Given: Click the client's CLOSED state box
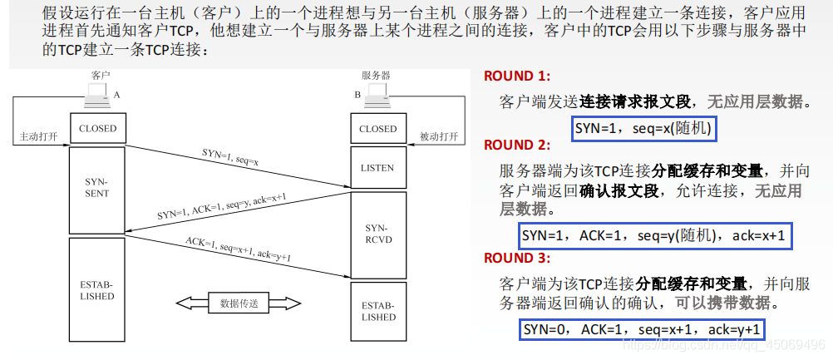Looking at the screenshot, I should click(x=98, y=129).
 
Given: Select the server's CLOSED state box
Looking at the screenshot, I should click(x=378, y=129).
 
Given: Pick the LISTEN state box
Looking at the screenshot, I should click(x=378, y=168).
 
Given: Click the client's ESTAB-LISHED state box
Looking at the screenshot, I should click(x=98, y=289).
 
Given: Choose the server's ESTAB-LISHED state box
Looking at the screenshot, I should click(x=378, y=311).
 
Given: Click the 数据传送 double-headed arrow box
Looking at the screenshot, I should click(x=237, y=303).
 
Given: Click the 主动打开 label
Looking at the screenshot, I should click(x=38, y=136).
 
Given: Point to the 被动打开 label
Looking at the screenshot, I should click(x=439, y=136).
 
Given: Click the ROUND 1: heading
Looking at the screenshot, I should click(x=517, y=76).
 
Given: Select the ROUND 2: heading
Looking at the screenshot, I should click(x=517, y=145).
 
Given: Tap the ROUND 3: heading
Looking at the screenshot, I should click(x=517, y=258).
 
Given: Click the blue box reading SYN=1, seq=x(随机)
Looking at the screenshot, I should click(x=644, y=130).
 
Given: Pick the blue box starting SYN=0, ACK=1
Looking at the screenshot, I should click(x=643, y=329).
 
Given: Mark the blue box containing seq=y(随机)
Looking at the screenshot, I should click(x=653, y=236).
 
